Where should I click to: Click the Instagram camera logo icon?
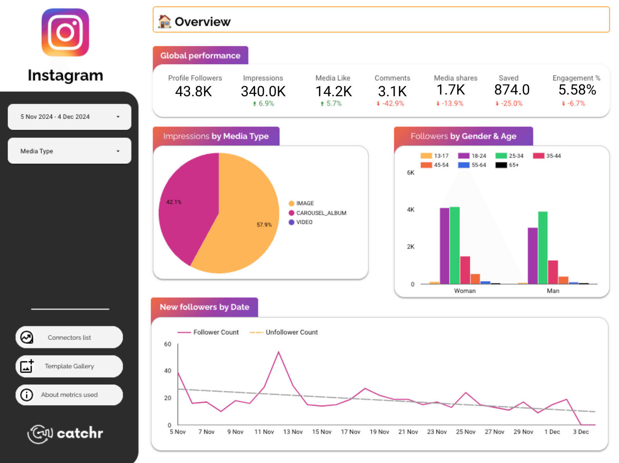click(x=65, y=32)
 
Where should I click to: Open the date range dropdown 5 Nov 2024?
click(x=69, y=117)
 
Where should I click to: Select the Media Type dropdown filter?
click(x=69, y=151)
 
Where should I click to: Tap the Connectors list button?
click(x=69, y=337)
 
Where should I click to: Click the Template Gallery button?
click(x=69, y=366)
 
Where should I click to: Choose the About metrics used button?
click(x=69, y=395)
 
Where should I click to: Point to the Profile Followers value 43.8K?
click(x=193, y=92)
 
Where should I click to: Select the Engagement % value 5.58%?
click(x=577, y=90)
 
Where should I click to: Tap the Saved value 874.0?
click(x=511, y=90)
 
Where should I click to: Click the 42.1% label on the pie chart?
click(x=174, y=202)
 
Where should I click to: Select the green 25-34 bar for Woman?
click(x=455, y=247)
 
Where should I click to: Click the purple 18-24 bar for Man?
click(x=533, y=257)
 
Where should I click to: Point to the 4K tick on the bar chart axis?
click(x=410, y=210)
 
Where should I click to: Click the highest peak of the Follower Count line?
click(x=279, y=352)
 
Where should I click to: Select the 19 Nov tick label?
click(x=379, y=432)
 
